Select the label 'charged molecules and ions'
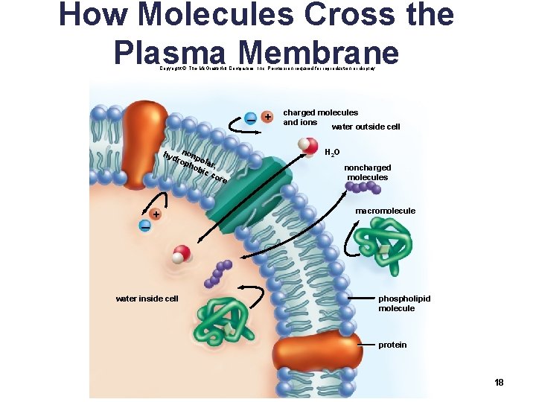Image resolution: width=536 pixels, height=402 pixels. tap(320, 117)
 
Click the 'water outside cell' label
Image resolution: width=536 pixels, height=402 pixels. tap(366, 127)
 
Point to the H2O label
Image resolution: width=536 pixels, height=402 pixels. tap(332, 153)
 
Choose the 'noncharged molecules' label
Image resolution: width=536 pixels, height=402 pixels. tap(367, 173)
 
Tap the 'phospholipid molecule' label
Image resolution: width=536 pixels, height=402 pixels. tap(403, 303)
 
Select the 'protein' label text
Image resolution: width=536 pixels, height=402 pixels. tap(392, 345)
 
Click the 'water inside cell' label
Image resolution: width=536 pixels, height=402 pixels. tap(147, 299)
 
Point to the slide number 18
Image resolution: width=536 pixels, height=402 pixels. tap(499, 382)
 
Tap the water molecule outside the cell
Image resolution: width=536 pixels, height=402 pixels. tap(309, 144)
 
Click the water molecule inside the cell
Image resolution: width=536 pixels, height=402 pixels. tap(180, 254)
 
